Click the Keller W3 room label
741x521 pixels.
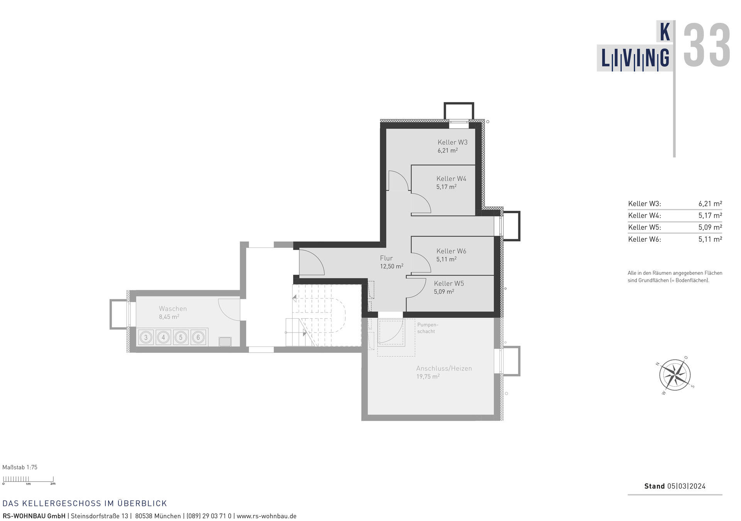(x=452, y=142)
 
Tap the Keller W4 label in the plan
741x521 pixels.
(x=451, y=178)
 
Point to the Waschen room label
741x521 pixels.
(x=173, y=309)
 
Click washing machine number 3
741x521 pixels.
(x=146, y=337)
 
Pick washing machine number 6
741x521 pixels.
(x=198, y=337)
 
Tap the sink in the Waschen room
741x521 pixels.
(x=225, y=341)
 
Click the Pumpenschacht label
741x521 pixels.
(x=427, y=328)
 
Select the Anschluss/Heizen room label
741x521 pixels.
(x=444, y=368)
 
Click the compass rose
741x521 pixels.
(x=675, y=375)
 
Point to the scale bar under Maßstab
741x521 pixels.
(x=28, y=480)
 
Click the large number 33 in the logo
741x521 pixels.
(x=707, y=45)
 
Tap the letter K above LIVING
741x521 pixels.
(x=665, y=32)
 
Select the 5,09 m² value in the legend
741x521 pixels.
(x=710, y=227)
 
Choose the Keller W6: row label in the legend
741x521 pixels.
(x=644, y=239)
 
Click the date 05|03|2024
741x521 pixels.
(x=686, y=486)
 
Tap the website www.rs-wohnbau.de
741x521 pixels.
(x=266, y=516)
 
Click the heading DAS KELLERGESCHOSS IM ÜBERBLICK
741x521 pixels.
(x=85, y=503)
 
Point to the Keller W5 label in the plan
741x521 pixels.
(x=449, y=283)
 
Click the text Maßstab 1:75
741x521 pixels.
(x=20, y=467)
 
